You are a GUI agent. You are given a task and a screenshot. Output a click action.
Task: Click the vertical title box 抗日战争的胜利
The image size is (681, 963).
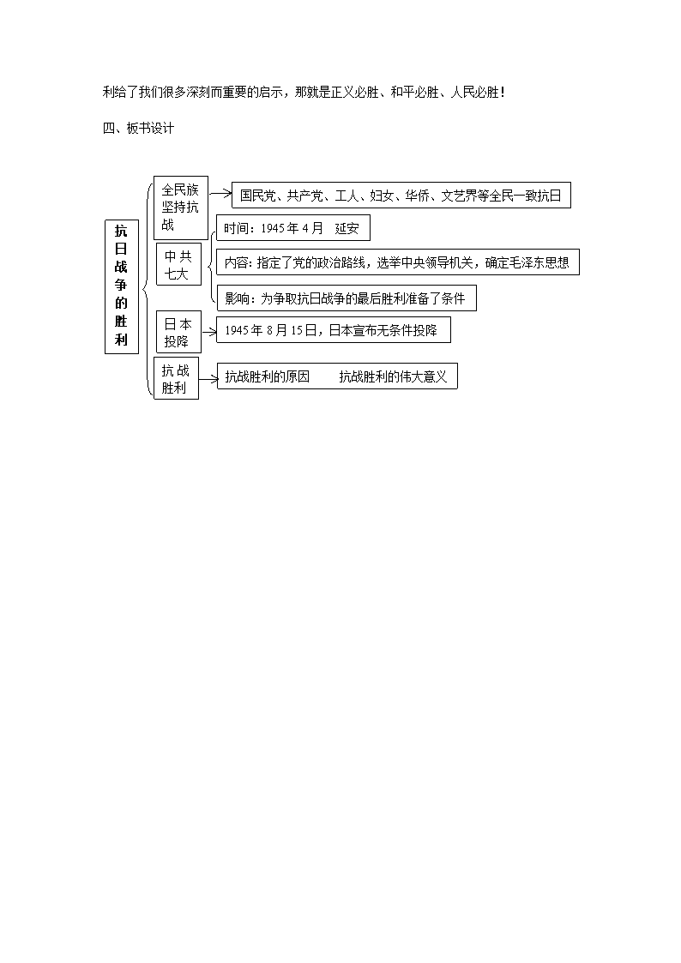pyautogui.click(x=122, y=286)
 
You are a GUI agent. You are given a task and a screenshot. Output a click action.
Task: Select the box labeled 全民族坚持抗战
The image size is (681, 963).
pyautogui.click(x=180, y=208)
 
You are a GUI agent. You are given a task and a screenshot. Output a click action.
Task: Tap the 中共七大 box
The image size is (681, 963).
pyautogui.click(x=178, y=264)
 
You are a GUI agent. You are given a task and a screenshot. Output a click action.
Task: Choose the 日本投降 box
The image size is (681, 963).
pyautogui.click(x=178, y=332)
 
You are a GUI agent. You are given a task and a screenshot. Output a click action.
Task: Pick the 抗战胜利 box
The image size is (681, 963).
pyautogui.click(x=176, y=378)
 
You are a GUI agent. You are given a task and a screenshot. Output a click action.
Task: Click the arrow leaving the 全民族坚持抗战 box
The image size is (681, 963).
pyautogui.click(x=220, y=194)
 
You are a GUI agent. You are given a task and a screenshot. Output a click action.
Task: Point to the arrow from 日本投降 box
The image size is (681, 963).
pyautogui.click(x=208, y=332)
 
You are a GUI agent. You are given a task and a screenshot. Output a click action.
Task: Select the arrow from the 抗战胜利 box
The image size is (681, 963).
pyautogui.click(x=208, y=378)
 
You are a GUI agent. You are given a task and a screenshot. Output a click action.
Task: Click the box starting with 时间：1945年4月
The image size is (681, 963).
pyautogui.click(x=293, y=228)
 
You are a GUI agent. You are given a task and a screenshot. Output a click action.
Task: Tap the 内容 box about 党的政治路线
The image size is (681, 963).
pyautogui.click(x=398, y=262)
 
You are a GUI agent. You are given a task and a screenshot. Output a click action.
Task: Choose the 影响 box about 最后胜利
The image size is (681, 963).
pyautogui.click(x=347, y=298)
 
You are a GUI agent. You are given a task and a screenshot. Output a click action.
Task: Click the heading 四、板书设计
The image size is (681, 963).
pyautogui.click(x=138, y=129)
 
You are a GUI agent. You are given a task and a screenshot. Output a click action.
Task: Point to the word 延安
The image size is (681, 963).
pyautogui.click(x=347, y=228)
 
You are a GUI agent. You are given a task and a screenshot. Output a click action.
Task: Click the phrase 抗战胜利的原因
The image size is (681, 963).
pyautogui.click(x=267, y=376)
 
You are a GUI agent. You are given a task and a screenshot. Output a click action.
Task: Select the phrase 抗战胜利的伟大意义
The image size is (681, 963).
pyautogui.click(x=393, y=376)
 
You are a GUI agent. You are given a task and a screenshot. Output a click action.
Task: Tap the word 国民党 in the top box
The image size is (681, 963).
pyautogui.click(x=257, y=196)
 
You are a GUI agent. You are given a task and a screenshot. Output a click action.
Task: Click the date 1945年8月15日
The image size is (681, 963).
pyautogui.click(x=271, y=330)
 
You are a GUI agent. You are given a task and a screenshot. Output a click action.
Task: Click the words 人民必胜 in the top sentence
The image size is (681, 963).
pyautogui.click(x=474, y=93)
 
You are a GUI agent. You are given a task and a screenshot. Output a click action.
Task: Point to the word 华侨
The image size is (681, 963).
pyautogui.click(x=417, y=196)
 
